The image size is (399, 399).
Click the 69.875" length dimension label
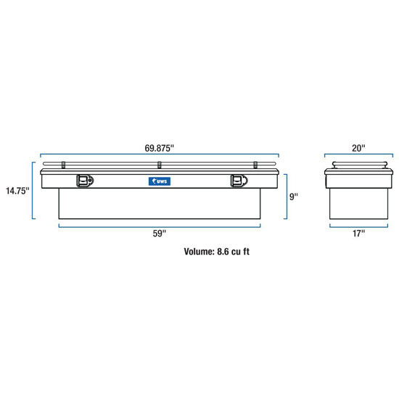click(x=160, y=148)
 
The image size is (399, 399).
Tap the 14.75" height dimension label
click(x=17, y=191)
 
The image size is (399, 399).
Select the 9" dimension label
click(x=294, y=197)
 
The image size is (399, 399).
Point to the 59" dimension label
click(x=160, y=233)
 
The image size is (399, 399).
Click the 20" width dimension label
click(x=358, y=148)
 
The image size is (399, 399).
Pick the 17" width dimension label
click(x=358, y=233)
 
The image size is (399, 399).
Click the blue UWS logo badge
click(x=160, y=181)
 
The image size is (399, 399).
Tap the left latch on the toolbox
click(x=85, y=181)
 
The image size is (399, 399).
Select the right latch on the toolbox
click(x=239, y=181)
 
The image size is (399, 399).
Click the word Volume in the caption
click(x=199, y=252)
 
